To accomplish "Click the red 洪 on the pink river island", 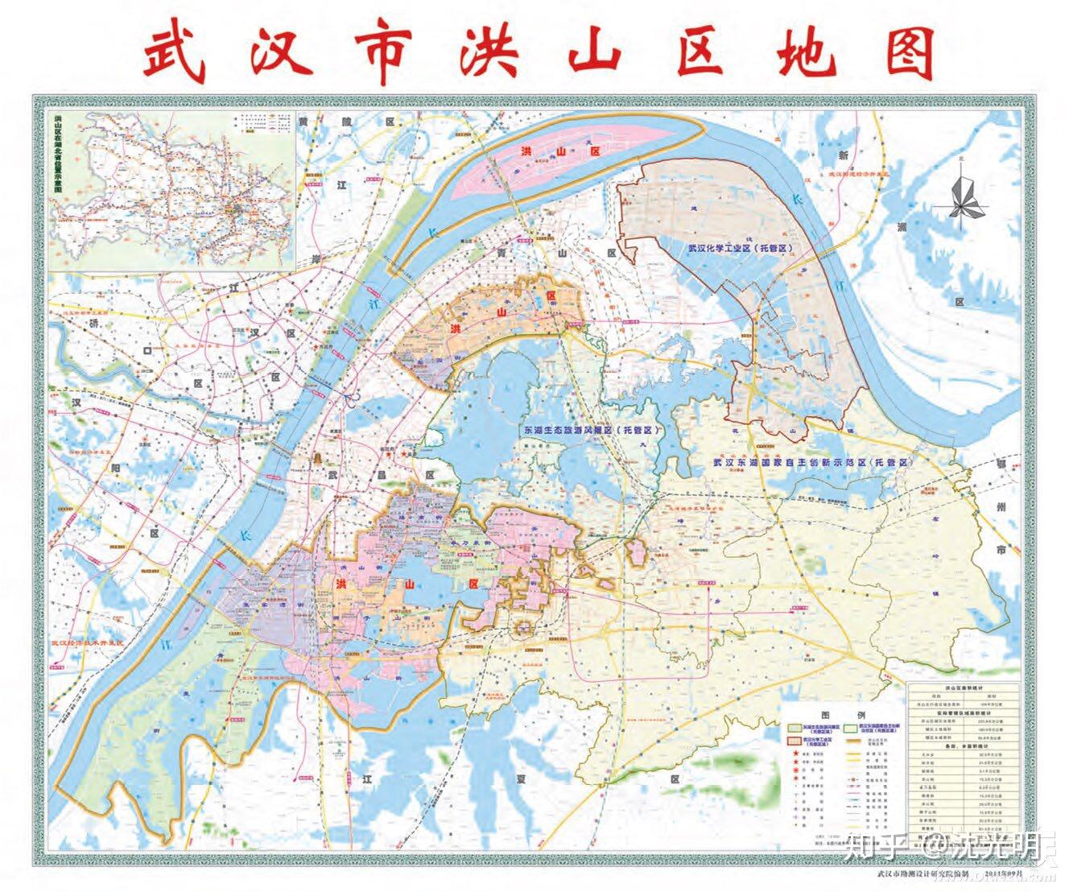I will [x=527, y=152].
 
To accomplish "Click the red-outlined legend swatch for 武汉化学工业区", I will [x=794, y=739].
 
